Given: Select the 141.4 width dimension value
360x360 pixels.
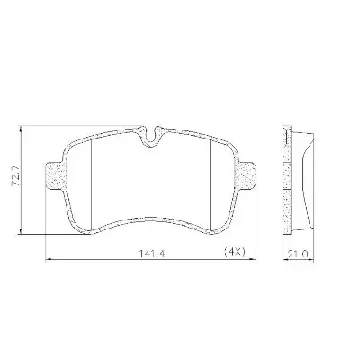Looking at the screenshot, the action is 152,254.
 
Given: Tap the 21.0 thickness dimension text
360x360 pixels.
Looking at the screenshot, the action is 298,254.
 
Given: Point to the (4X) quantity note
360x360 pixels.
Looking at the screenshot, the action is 235,252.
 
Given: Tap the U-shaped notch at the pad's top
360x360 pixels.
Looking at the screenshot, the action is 150,136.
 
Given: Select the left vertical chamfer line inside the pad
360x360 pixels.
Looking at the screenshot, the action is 91,186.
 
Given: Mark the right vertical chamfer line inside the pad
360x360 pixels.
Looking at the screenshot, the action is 211,186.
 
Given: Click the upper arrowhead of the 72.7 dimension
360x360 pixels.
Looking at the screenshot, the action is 21,130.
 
